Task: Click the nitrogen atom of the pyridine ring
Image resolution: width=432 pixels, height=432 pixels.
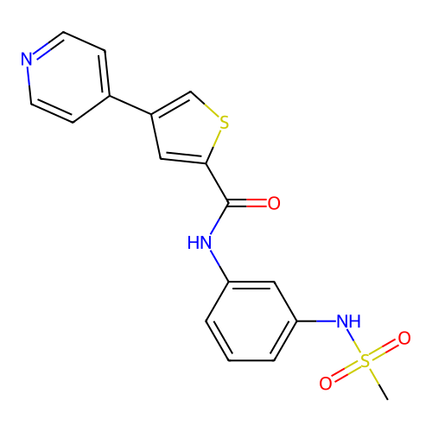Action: click(27, 59)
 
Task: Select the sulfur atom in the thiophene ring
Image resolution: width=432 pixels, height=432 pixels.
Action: click(224, 123)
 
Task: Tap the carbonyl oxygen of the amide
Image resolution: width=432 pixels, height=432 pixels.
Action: click(274, 203)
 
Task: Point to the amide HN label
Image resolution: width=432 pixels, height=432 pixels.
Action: click(200, 243)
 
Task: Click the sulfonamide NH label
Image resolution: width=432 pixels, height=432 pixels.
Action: click(349, 321)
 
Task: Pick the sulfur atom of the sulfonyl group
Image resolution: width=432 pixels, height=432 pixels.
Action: click(365, 361)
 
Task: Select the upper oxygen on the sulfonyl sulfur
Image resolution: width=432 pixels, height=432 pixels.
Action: click(404, 338)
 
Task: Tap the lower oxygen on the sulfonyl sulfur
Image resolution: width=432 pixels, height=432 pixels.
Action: click(326, 384)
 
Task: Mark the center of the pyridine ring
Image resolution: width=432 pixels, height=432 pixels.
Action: click(67, 77)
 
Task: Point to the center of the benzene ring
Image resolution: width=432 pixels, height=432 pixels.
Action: click(251, 321)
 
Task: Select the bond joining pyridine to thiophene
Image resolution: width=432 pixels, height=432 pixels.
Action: click(130, 105)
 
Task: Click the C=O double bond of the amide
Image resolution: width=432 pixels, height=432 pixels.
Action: click(247, 203)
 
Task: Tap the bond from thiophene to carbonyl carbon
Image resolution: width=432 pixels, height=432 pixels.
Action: click(217, 183)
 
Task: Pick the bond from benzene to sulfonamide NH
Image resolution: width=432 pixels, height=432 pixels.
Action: click(317, 321)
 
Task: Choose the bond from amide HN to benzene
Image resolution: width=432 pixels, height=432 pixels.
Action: click(219, 266)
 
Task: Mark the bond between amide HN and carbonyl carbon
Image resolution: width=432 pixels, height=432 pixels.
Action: click(219, 219)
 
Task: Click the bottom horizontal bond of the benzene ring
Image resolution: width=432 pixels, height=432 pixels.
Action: click(251, 360)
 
